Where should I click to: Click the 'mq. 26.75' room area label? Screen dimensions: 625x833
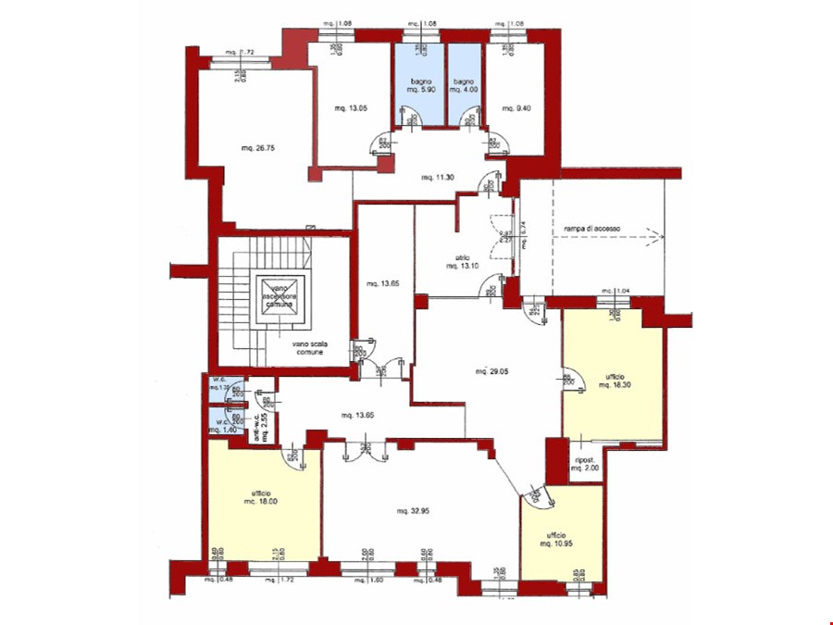point(260,147)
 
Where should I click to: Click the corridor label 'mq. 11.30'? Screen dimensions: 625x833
point(438,177)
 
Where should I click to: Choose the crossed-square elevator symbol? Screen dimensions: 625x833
point(280,291)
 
